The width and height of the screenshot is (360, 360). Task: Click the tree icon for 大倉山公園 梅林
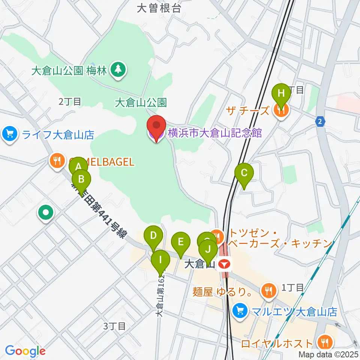119,69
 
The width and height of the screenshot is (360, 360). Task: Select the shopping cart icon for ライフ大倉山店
10,133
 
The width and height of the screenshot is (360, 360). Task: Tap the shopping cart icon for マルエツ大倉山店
238,310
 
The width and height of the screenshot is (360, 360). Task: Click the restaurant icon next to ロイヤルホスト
324,342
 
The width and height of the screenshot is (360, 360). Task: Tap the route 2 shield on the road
320,121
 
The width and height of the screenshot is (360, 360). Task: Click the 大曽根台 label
159,9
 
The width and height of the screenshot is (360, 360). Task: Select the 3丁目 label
114,326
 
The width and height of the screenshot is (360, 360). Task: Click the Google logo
25,351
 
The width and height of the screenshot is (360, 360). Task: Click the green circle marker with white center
46,213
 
